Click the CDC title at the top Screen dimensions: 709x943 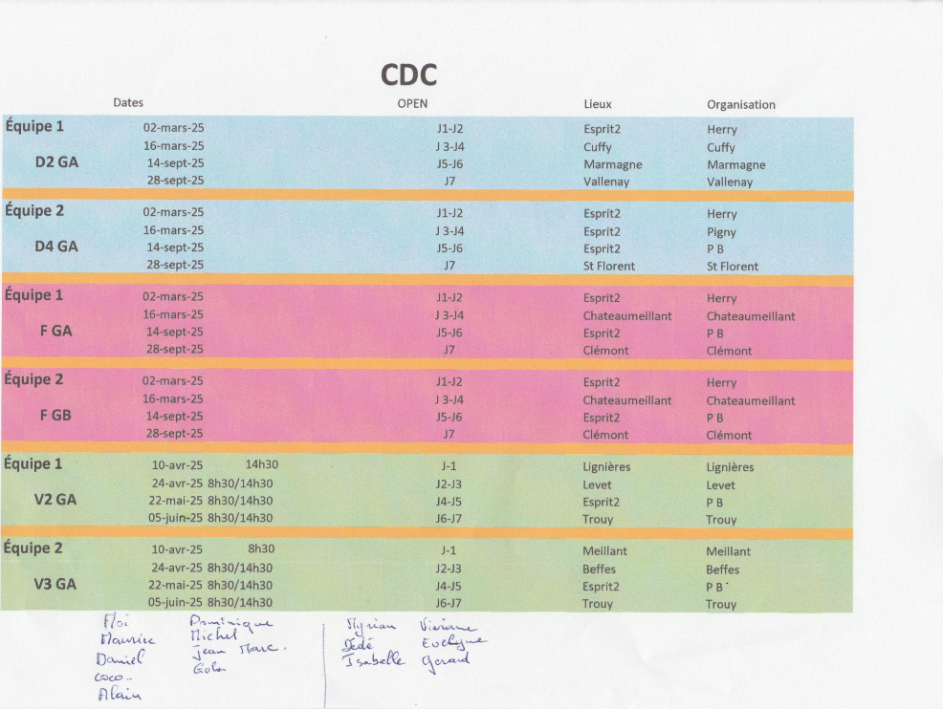[409, 75]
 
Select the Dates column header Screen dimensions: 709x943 [128, 102]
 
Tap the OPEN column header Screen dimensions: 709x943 [412, 103]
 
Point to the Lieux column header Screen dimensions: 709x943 [598, 103]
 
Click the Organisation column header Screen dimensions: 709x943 [741, 104]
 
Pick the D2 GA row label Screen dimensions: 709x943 [56, 162]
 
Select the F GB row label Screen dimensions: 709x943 [55, 415]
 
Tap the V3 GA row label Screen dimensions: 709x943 [55, 584]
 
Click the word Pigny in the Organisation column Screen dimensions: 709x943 [721, 231]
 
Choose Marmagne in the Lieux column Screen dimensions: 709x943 [612, 164]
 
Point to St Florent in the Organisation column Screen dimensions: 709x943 [733, 267]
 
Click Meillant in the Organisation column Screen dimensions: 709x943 [729, 551]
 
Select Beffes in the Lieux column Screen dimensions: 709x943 [600, 569]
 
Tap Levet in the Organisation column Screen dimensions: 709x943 [721, 485]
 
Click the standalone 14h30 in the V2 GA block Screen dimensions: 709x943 [261, 464]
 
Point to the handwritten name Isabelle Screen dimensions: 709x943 [374, 660]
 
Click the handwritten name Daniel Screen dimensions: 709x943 [120, 659]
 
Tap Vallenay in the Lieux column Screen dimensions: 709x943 [606, 182]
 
